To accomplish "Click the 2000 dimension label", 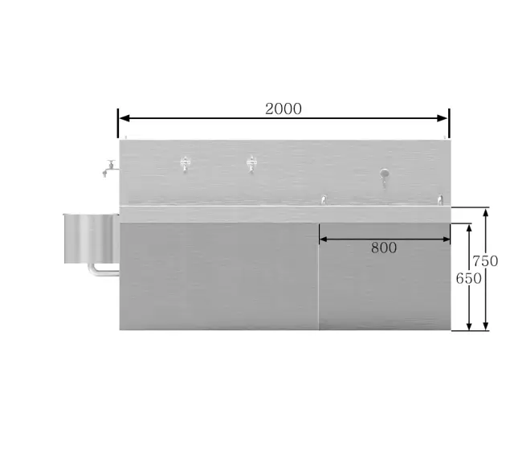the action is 284,109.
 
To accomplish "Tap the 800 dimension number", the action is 384,248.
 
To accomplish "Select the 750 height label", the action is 485,261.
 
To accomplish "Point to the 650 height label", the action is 468,279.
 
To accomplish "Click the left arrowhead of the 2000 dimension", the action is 124,118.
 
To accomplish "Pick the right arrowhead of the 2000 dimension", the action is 443,118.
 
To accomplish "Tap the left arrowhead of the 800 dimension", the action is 323,240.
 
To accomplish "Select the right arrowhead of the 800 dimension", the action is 447,240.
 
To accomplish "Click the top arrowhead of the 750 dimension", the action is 486,213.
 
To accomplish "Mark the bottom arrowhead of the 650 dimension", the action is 469,326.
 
